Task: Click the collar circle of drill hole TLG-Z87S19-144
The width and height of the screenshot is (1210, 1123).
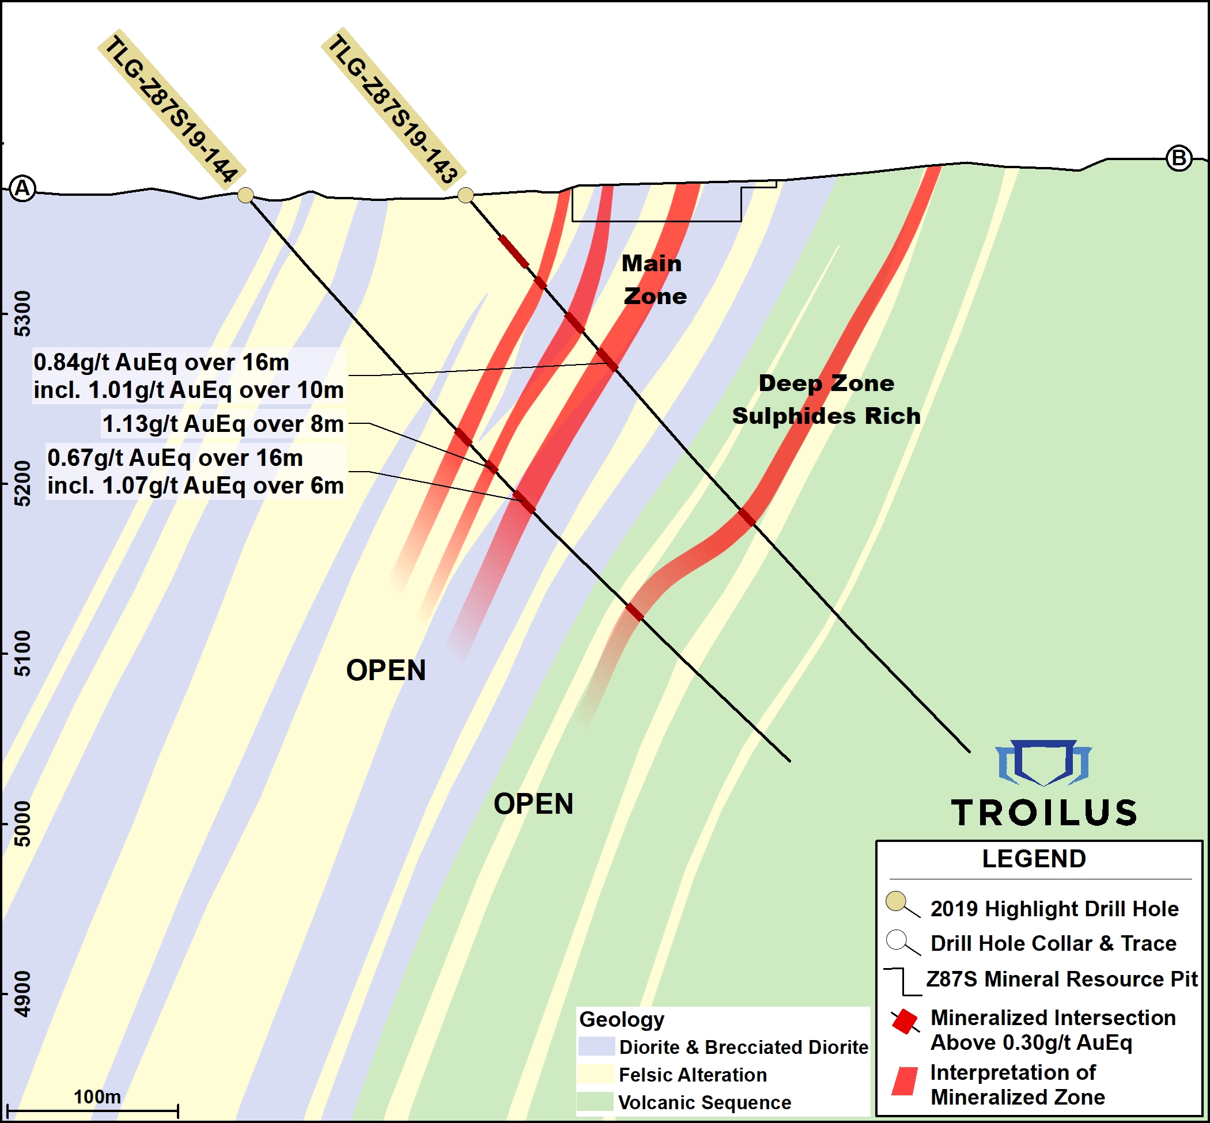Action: coord(245,195)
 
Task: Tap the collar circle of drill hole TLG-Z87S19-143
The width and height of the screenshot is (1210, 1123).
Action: coord(465,195)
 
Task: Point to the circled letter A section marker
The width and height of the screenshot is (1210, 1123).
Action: coord(23,188)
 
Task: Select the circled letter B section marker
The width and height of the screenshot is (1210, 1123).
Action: coord(1179,158)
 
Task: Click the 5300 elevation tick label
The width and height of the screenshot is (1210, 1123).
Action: coord(22,313)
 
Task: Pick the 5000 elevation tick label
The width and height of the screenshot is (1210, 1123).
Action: coord(22,824)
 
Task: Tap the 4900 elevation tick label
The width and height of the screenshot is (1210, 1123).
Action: coord(22,994)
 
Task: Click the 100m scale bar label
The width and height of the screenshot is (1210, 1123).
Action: coord(97,1097)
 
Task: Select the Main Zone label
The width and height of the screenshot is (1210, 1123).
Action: coord(653,279)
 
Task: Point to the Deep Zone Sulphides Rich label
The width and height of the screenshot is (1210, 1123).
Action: coord(826,400)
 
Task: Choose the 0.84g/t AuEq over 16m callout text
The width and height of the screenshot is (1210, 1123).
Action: coord(161,362)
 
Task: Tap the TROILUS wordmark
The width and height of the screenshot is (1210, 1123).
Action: coord(1044,813)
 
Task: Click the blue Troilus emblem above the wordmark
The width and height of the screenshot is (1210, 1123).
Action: coord(1043,762)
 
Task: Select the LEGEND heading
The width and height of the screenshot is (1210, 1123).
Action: coord(1034,859)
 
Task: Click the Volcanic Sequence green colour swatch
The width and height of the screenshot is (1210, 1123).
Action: coord(596,1102)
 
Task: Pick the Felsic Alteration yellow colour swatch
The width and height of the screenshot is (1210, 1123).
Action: coord(596,1075)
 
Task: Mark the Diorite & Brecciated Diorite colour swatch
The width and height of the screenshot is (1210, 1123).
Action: coord(596,1046)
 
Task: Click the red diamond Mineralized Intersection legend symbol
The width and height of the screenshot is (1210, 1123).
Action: coord(904,1022)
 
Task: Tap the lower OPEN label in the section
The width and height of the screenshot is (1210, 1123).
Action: coord(533,804)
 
